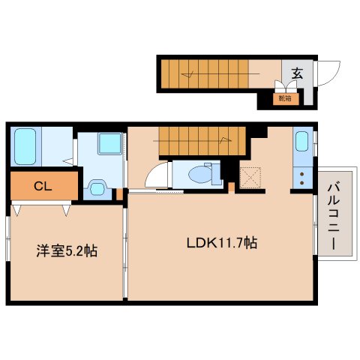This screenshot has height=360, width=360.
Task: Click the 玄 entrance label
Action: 297,73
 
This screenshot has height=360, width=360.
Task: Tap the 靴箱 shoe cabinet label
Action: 285,97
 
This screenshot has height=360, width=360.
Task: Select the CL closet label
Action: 43,186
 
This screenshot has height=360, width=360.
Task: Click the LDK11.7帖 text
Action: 222,243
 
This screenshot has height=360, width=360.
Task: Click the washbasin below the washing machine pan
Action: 97,187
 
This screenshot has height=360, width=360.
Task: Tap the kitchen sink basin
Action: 301,141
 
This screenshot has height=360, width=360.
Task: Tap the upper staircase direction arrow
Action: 192,73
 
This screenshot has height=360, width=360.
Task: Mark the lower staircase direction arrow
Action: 223,138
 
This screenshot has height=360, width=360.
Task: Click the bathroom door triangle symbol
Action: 67,159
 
